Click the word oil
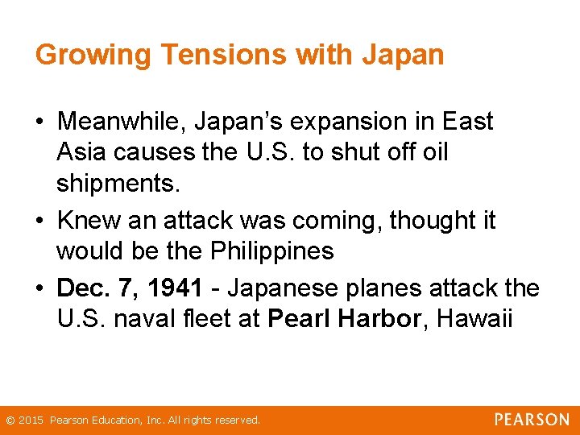pos(434,152)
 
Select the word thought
pos(433,221)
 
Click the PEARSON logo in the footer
pos(532,420)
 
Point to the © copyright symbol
pos(10,420)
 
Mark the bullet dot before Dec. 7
pos(39,288)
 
